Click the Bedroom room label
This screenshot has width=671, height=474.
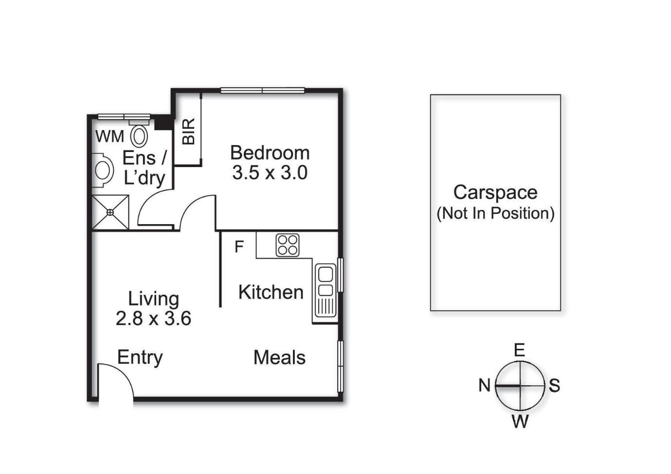(x=270, y=153)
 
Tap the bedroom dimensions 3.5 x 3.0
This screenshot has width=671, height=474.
(x=270, y=173)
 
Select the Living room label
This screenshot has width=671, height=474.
(x=153, y=300)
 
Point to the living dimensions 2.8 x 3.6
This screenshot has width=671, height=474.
(x=153, y=319)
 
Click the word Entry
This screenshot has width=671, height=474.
(x=140, y=358)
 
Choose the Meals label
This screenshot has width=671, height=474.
(x=279, y=358)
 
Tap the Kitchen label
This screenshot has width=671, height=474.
(x=271, y=292)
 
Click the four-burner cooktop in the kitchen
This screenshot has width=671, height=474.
(x=288, y=246)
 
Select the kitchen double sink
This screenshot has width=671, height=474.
(x=325, y=291)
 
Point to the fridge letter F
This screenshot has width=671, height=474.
(x=239, y=247)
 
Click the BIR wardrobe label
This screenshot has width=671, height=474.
(x=188, y=132)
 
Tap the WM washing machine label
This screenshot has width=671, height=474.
(x=109, y=137)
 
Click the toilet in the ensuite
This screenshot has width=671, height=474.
(x=139, y=133)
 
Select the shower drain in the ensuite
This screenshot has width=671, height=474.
(x=110, y=212)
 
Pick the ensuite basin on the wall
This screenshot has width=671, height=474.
(x=103, y=171)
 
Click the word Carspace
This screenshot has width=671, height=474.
(x=495, y=193)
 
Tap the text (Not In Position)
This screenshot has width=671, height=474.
(x=495, y=214)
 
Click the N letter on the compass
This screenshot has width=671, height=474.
(x=484, y=385)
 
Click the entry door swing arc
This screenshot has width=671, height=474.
(x=124, y=374)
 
